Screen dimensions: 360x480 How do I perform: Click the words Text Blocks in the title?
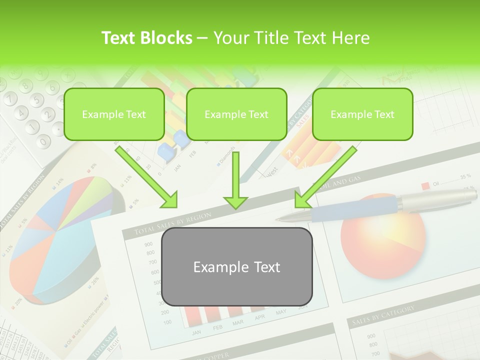pyautogui.click(x=147, y=38)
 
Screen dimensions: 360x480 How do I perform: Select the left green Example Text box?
pyautogui.click(x=114, y=114)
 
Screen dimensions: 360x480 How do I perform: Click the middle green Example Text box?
pyautogui.click(x=236, y=114)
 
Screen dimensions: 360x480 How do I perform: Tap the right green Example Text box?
pyautogui.click(x=362, y=114)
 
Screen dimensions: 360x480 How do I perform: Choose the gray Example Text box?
pyautogui.click(x=236, y=266)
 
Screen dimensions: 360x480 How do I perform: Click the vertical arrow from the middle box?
pyautogui.click(x=235, y=180)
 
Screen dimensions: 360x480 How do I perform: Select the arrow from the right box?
pyautogui.click(x=325, y=177)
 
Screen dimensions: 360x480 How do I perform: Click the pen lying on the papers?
pyautogui.click(x=380, y=205)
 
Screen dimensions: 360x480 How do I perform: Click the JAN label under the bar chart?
pyautogui.click(x=196, y=332)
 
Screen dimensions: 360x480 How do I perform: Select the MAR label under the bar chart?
pyautogui.click(x=238, y=323)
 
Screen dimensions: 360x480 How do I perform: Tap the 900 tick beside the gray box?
pyautogui.click(x=148, y=244)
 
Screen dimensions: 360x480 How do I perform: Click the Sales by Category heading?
pyautogui.click(x=383, y=315)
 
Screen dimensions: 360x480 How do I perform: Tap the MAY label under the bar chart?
pyautogui.click(x=281, y=312)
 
